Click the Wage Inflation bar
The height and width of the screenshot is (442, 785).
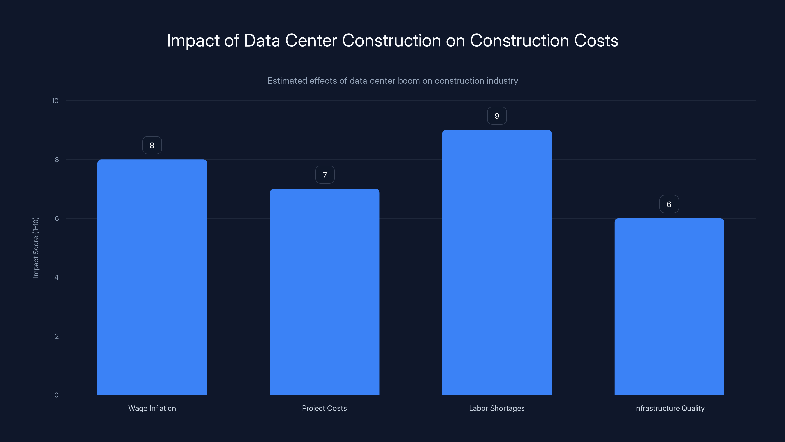click(x=152, y=277)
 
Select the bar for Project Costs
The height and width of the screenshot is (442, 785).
click(x=325, y=292)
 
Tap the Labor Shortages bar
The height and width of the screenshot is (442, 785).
click(x=497, y=262)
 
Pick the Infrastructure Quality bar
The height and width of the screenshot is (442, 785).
click(x=669, y=306)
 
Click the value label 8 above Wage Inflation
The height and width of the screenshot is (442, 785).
click(x=152, y=145)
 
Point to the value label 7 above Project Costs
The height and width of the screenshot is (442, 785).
click(x=325, y=175)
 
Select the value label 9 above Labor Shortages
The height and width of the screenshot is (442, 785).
click(x=497, y=116)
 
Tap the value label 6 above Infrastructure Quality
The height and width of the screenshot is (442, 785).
click(x=669, y=204)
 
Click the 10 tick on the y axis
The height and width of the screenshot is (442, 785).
click(x=55, y=101)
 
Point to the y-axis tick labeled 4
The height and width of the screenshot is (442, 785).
click(x=57, y=277)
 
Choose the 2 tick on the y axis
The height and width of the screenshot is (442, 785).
click(x=57, y=336)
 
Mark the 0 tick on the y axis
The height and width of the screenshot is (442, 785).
click(x=56, y=395)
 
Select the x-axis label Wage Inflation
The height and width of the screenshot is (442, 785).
click(x=152, y=408)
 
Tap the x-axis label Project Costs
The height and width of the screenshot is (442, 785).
click(x=324, y=408)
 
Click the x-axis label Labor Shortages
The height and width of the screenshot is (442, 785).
click(x=497, y=408)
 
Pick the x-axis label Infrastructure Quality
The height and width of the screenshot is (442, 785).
click(x=669, y=408)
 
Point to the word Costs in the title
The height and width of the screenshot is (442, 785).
click(x=596, y=41)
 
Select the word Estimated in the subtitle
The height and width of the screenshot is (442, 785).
click(x=287, y=81)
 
